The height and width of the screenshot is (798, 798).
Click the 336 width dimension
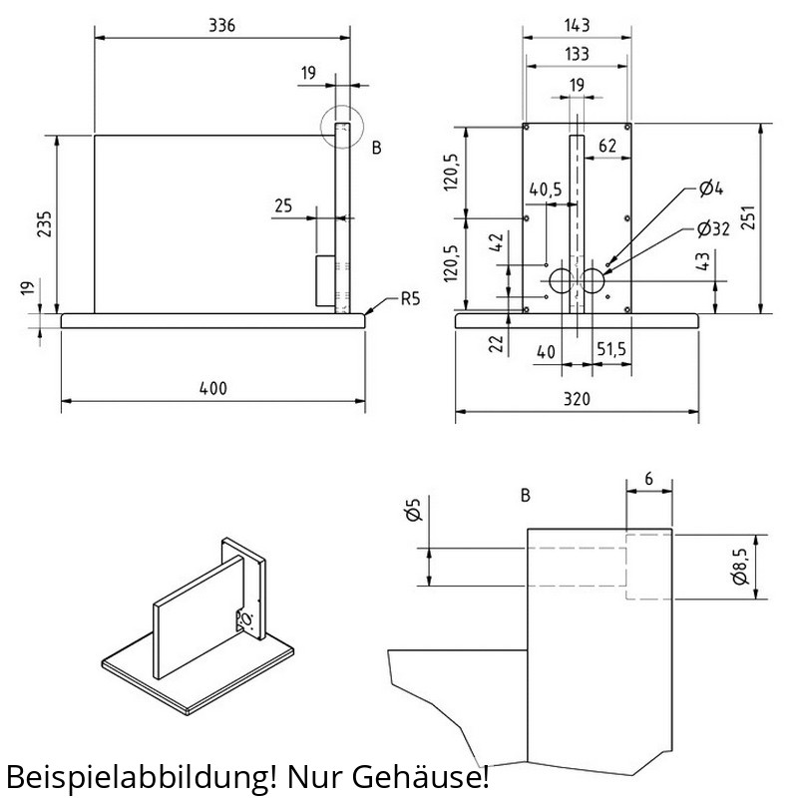click(x=222, y=26)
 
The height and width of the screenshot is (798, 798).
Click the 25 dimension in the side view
click(x=282, y=205)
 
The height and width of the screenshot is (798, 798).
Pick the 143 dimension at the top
click(x=577, y=25)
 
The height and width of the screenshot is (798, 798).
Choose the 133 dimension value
click(x=577, y=52)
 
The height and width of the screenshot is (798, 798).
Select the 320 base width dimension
click(x=577, y=399)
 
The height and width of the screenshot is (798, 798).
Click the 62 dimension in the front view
click(x=606, y=146)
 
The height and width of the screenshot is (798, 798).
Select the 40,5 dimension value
click(x=546, y=190)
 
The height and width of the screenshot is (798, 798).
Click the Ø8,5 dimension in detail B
click(x=739, y=568)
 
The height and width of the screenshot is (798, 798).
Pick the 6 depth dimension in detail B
click(x=649, y=479)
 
